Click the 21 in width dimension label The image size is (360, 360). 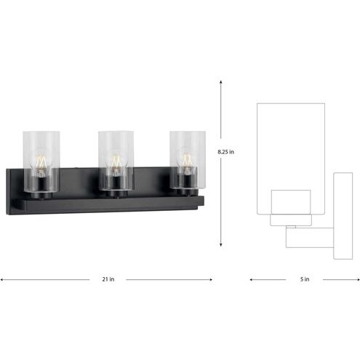coord(108,279)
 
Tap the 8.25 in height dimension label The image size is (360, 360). coord(226,151)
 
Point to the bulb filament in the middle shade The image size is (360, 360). coord(115,161)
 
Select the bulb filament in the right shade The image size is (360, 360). coord(187,159)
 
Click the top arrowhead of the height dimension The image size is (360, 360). coord(221,81)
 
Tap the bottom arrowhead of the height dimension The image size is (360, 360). coord(221,245)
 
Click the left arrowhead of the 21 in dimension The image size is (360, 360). coord(3,279)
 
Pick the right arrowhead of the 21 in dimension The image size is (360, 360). coord(210,279)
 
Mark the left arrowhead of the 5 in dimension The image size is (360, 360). coord(252,279)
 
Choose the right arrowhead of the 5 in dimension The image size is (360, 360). coord(356,279)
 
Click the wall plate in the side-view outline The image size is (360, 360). coord(343,216)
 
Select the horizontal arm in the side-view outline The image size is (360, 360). coord(309,236)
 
